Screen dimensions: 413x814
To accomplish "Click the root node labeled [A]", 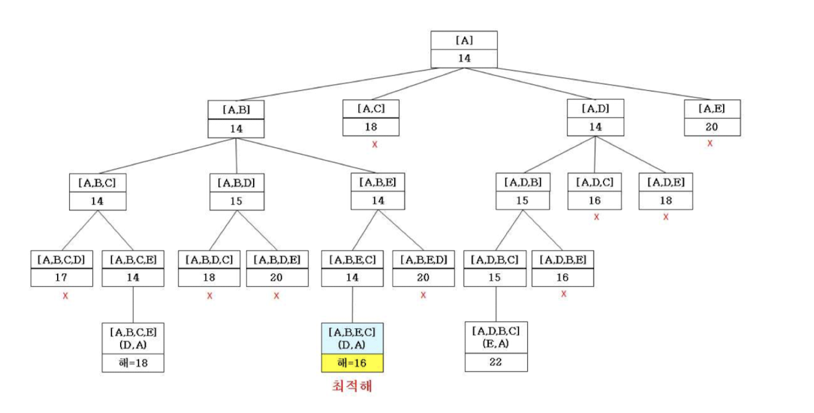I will (464, 50).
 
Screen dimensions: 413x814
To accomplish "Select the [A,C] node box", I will (371, 118).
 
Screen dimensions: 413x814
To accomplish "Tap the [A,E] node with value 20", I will (712, 118).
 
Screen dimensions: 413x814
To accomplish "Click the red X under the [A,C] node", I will (373, 143).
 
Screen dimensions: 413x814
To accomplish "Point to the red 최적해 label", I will (351, 387).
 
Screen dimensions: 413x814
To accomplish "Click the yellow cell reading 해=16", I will (352, 363).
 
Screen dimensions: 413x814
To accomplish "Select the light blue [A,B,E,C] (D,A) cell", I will (352, 338).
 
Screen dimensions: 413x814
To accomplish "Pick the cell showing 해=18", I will (133, 363).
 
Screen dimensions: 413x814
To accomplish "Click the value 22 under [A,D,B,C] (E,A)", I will (496, 362).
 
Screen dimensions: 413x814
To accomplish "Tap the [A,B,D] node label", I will (237, 182).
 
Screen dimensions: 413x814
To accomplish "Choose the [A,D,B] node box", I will (523, 191).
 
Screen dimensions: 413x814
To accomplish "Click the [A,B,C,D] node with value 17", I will (62, 269).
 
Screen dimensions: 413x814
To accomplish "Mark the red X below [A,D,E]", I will (665, 217).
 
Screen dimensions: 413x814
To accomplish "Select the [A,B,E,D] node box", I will (424, 269).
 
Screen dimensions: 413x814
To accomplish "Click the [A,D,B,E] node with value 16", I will (562, 269).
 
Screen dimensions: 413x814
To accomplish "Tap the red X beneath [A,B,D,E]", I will (276, 295).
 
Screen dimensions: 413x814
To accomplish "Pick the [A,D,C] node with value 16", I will (595, 191).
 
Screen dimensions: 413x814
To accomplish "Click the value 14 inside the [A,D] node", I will (595, 128).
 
